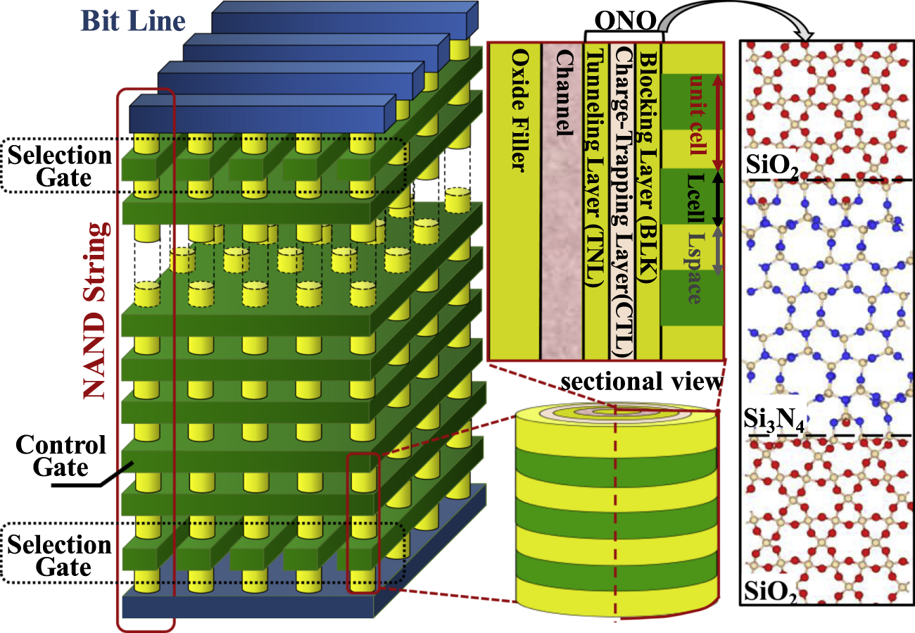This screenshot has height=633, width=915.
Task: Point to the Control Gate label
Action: click(x=61, y=456)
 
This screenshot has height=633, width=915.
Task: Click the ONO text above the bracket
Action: click(x=622, y=21)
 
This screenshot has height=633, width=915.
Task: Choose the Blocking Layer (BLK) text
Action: click(x=648, y=162)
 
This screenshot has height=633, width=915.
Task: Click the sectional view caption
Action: click(x=641, y=382)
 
